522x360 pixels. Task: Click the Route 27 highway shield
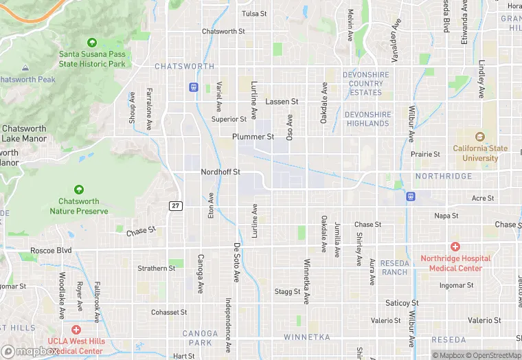click(x=175, y=205)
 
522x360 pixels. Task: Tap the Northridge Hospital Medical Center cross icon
click(x=455, y=246)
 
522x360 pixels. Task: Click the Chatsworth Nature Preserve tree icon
click(x=79, y=190)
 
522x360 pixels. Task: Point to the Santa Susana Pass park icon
click(x=93, y=43)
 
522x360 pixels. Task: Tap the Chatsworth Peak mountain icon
click(x=25, y=69)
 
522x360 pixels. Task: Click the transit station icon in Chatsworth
click(x=194, y=87)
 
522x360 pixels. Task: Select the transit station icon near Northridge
click(x=411, y=196)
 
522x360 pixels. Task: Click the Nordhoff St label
click(x=220, y=172)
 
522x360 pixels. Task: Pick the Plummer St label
click(x=253, y=137)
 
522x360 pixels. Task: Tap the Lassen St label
click(x=282, y=102)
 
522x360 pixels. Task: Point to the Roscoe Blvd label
click(x=50, y=251)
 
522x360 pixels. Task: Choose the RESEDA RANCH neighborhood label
click(x=395, y=267)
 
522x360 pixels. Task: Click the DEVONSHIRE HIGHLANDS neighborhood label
click(x=367, y=119)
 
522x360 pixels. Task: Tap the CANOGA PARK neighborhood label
click(x=200, y=338)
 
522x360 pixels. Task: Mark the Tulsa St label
click(x=254, y=14)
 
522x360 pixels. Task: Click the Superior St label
click(x=228, y=120)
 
